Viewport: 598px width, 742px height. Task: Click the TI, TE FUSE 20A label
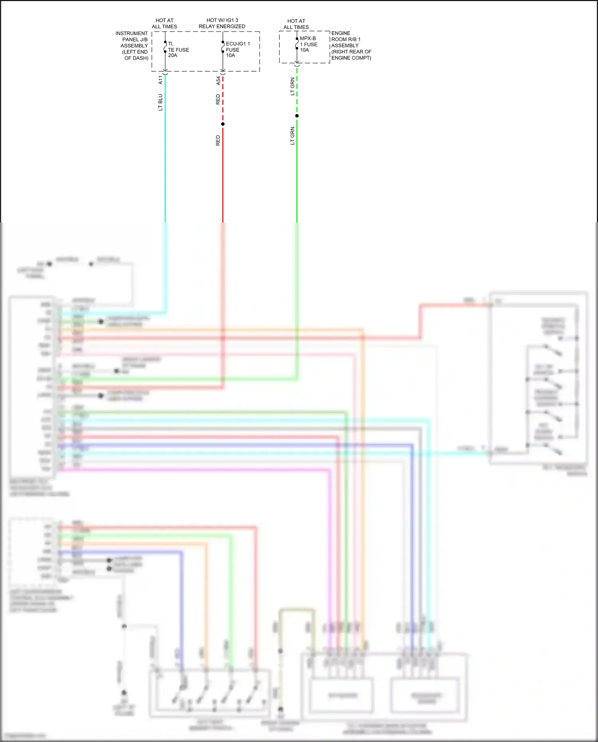178,50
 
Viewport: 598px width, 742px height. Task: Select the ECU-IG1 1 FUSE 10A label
237,49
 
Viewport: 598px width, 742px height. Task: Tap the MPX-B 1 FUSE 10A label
308,44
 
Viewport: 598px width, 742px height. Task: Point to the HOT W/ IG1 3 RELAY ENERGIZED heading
222,23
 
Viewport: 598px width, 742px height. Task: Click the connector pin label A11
161,80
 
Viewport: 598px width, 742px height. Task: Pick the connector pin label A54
218,81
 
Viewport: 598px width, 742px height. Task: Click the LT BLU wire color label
160,102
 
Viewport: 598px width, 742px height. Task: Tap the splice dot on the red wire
223,124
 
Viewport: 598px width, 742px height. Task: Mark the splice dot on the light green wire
297,116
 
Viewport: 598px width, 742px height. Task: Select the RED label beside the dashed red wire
218,99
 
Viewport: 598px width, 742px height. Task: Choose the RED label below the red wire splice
218,140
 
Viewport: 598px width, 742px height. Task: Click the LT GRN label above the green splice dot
292,86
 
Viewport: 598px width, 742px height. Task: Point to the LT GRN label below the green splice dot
292,136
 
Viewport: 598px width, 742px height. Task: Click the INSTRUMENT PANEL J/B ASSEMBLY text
133,45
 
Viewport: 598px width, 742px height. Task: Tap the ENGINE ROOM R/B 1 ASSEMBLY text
351,45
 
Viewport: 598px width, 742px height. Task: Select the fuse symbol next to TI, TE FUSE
165,47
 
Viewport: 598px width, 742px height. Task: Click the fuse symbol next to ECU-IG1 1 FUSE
223,47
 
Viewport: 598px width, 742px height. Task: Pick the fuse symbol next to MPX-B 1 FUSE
297,43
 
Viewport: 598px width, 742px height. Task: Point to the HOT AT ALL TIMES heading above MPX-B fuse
296,24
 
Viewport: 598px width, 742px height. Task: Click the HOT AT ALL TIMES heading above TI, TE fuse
164,24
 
